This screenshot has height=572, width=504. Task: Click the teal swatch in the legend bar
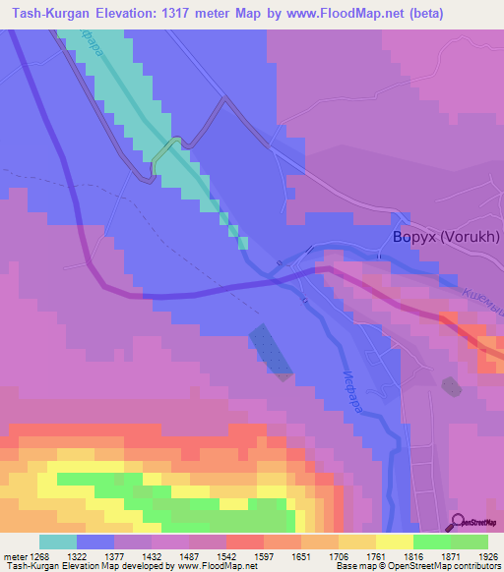pos(58,542)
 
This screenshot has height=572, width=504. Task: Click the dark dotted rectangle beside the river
pos(271,351)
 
